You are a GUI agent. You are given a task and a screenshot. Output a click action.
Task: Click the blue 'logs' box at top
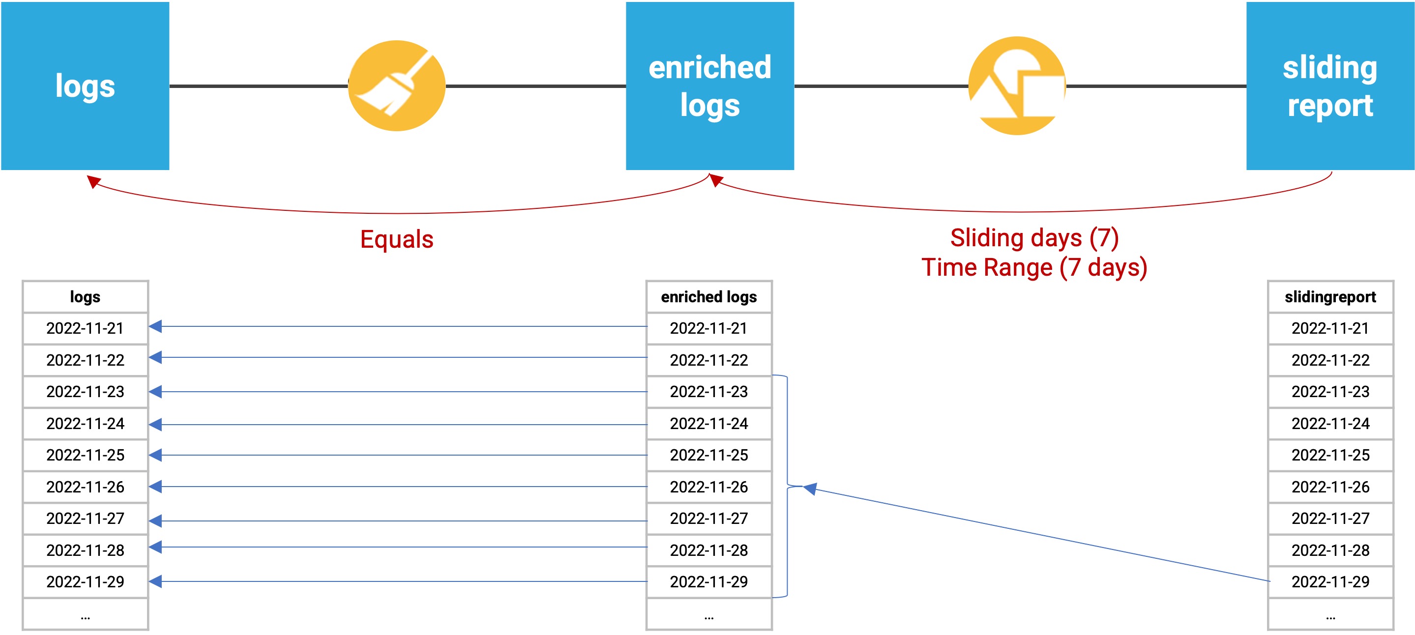click(x=85, y=86)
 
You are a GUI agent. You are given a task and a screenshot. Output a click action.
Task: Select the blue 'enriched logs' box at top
click(x=709, y=86)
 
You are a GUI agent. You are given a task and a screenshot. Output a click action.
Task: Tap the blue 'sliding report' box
click(x=1330, y=86)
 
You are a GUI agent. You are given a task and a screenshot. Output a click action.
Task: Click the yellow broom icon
click(x=397, y=86)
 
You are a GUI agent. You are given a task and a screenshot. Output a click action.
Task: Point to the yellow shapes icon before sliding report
click(x=1017, y=86)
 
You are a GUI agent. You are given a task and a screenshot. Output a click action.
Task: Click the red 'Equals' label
click(x=397, y=239)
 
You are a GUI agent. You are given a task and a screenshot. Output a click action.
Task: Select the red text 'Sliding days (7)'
click(x=1034, y=238)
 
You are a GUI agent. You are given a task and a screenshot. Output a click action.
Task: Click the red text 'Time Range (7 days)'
click(x=1034, y=267)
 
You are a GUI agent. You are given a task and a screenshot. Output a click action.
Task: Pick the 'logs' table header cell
click(x=85, y=297)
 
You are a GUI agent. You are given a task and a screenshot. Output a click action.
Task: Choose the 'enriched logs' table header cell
click(x=709, y=297)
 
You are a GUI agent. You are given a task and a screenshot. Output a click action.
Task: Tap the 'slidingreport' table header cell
click(x=1330, y=297)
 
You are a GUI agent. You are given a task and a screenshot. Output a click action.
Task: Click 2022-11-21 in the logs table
click(x=85, y=328)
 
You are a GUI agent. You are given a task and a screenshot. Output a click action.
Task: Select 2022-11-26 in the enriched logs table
click(x=709, y=487)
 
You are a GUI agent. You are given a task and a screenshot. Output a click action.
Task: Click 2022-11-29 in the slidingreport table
click(x=1330, y=582)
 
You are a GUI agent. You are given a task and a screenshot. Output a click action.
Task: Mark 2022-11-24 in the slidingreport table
click(x=1330, y=424)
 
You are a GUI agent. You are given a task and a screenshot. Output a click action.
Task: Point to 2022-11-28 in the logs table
click(x=85, y=550)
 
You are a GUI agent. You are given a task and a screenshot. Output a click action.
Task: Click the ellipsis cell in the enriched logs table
click(x=709, y=614)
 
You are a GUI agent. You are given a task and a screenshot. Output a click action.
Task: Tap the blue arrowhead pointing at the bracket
click(x=810, y=489)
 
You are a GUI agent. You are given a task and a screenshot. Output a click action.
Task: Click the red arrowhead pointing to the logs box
click(x=94, y=181)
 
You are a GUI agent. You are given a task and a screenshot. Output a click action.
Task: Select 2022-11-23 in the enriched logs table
click(x=709, y=392)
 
